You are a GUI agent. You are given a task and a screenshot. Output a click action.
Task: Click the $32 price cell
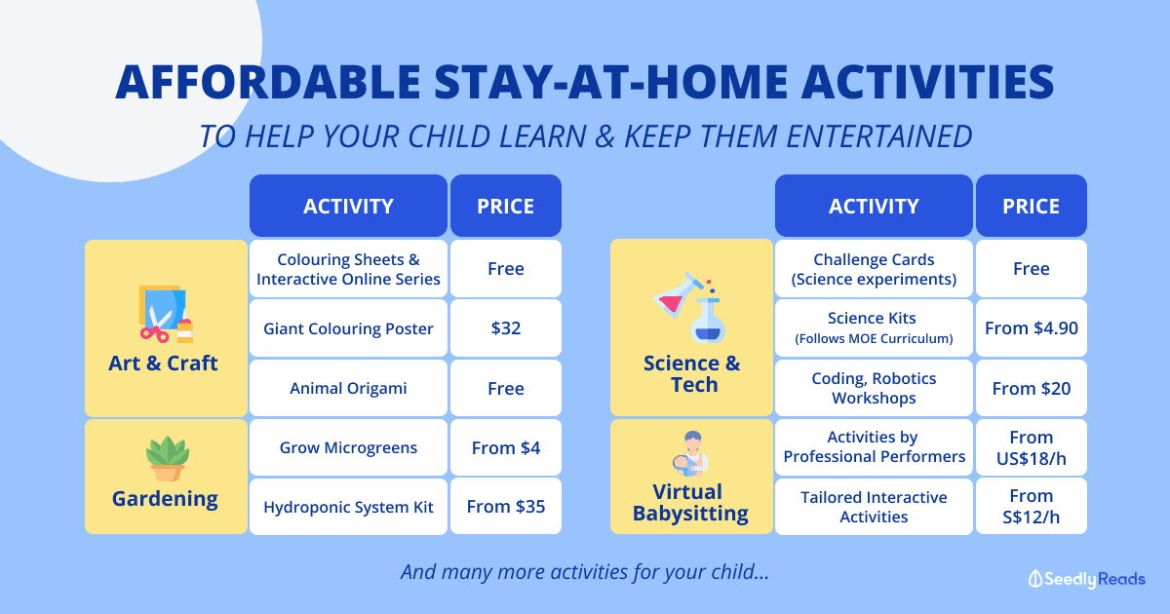pyautogui.click(x=506, y=328)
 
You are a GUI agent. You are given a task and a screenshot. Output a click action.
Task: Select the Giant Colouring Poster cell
pyautogui.click(x=348, y=328)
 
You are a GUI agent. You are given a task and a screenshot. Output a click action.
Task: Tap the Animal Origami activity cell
pyautogui.click(x=348, y=388)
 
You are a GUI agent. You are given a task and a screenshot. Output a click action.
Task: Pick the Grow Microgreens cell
pyautogui.click(x=348, y=447)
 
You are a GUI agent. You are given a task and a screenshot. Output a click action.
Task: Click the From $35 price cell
pyautogui.click(x=506, y=507)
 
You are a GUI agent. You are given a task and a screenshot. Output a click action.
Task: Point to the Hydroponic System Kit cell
pyautogui.click(x=348, y=507)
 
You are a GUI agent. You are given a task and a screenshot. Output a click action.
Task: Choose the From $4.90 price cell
pyautogui.click(x=1032, y=328)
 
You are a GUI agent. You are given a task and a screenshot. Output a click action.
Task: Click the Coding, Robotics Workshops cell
pyautogui.click(x=874, y=388)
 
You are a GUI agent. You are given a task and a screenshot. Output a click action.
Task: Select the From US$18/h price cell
pyautogui.click(x=1032, y=447)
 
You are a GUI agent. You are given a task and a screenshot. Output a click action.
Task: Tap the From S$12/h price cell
pyautogui.click(x=1032, y=507)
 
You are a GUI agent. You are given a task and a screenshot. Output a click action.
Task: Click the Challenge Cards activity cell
pyautogui.click(x=874, y=269)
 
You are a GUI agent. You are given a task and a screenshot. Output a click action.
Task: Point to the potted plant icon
pyautogui.click(x=167, y=459)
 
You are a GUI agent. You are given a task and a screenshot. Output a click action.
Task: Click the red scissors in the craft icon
pyautogui.click(x=154, y=332)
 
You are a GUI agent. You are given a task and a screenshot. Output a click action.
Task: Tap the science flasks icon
pyautogui.click(x=689, y=308)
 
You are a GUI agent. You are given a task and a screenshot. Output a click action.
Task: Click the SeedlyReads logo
pyautogui.click(x=1087, y=579)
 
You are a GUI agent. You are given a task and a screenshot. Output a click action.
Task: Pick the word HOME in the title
pyautogui.click(x=717, y=82)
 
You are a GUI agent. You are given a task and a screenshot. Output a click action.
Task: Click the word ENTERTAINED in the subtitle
pyautogui.click(x=879, y=136)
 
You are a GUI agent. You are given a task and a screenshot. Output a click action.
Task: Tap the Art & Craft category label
pyautogui.click(x=163, y=363)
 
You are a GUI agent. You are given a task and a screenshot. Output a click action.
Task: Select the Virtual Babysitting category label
pyautogui.click(x=690, y=502)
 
